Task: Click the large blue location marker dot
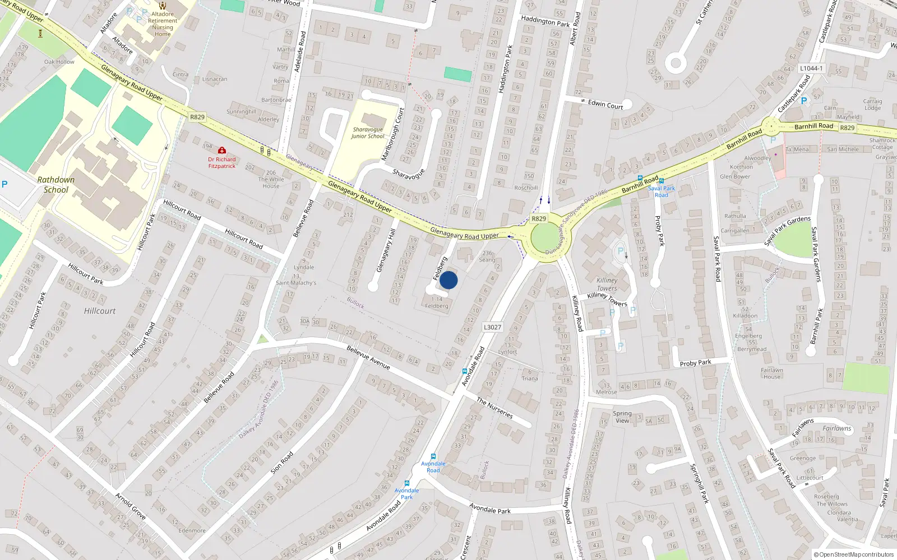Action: tap(449, 280)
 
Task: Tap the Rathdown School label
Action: tap(56, 185)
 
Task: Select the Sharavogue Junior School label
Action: tap(368, 133)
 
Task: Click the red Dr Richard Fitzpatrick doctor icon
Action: tap(222, 150)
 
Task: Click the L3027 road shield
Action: tap(492, 327)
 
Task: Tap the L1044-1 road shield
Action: tap(811, 68)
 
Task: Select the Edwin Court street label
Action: tap(605, 104)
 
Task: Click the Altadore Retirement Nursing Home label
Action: tap(163, 24)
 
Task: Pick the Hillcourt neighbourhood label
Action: tap(100, 311)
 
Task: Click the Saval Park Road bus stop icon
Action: tap(662, 181)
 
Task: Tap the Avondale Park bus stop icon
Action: tap(407, 483)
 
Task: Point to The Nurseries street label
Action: tap(494, 408)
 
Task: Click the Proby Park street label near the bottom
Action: tap(695, 363)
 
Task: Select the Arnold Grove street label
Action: tap(131, 506)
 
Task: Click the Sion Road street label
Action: tap(282, 463)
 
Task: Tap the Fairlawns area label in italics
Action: tap(837, 428)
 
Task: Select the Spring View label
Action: tap(622, 417)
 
